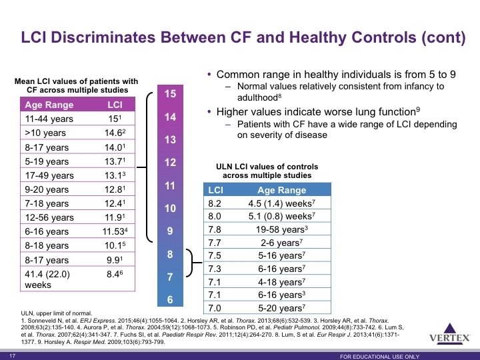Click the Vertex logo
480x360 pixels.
click(x=450, y=334)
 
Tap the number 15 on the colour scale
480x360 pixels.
click(x=170, y=94)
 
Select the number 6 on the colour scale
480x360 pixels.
click(x=170, y=299)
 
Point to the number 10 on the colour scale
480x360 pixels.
click(x=170, y=209)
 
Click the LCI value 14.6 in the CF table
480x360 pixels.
click(x=115, y=133)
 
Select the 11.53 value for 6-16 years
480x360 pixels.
click(x=115, y=231)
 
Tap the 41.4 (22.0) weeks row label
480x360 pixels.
click(x=47, y=279)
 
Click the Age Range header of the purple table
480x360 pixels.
click(x=49, y=105)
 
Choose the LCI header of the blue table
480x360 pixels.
click(x=215, y=190)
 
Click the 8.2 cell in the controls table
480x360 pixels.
click(x=215, y=203)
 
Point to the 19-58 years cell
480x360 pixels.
click(x=282, y=229)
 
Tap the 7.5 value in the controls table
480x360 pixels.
click(x=215, y=255)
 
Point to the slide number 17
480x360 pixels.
click(x=12, y=356)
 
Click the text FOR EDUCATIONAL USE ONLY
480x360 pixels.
click(x=379, y=357)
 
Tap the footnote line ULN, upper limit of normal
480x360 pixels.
click(x=56, y=313)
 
